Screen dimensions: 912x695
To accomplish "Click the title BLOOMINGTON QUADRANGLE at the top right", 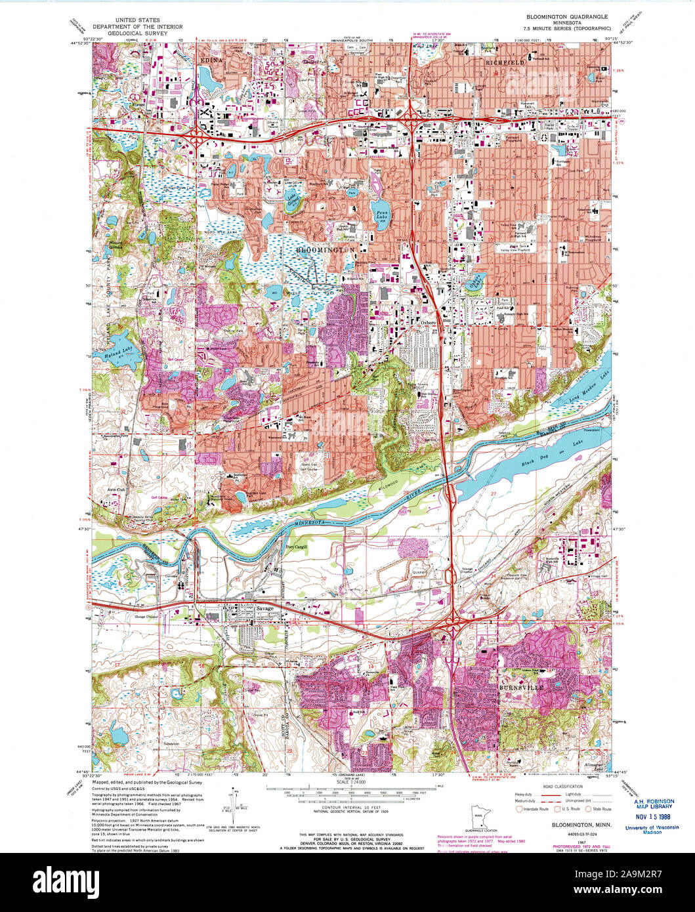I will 566,16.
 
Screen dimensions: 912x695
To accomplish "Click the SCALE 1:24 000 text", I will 352,783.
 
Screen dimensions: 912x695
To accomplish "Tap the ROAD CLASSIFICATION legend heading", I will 563,786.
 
